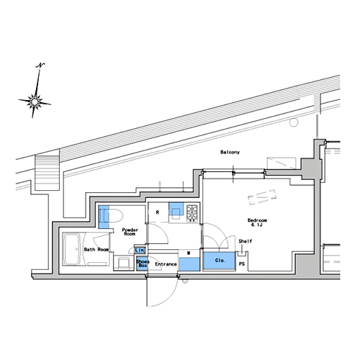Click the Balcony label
230,152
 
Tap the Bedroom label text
257,220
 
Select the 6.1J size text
256,225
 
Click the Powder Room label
130,232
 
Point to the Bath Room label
96,250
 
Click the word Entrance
166,264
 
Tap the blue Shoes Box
142,264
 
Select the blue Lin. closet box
140,251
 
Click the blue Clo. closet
220,261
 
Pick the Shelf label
246,241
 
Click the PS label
242,264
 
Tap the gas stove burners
192,213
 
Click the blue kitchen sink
176,210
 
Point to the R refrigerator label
158,212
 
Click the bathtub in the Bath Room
72,249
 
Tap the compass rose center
35,102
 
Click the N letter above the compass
40,65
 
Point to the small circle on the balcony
294,122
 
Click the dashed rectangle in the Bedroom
262,197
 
